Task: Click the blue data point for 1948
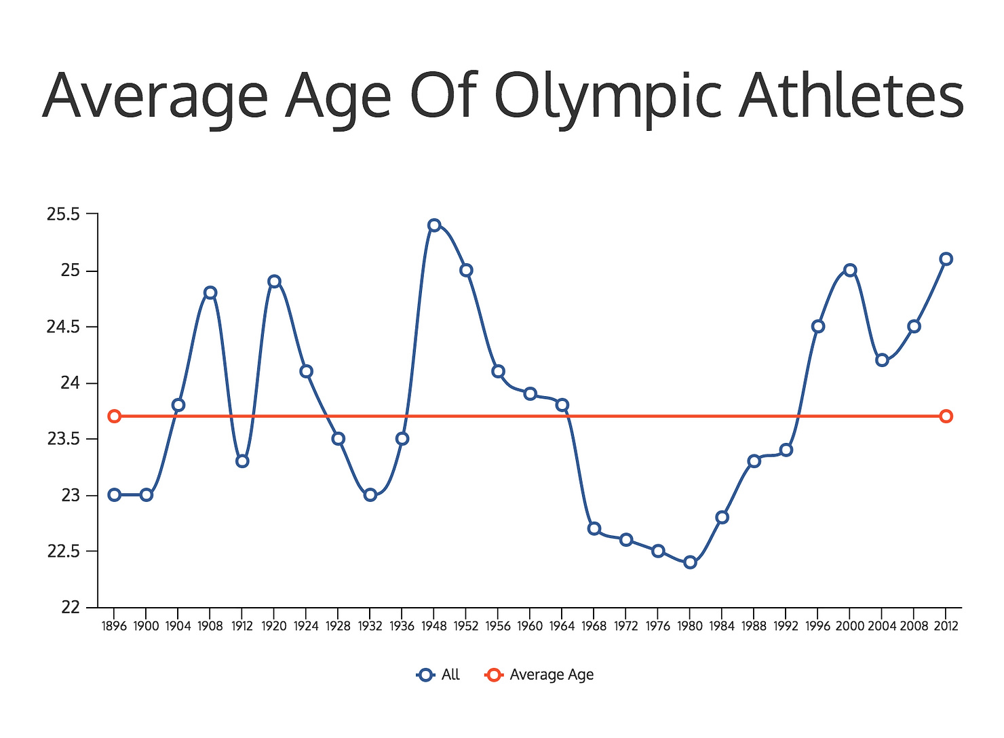click(x=434, y=225)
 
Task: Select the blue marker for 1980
click(x=690, y=562)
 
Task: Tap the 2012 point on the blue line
click(x=946, y=259)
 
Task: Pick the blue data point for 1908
click(x=210, y=292)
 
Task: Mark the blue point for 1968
click(x=594, y=528)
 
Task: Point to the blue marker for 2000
click(x=850, y=270)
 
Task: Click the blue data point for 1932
click(x=370, y=495)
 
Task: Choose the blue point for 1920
click(x=274, y=281)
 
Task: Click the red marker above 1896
click(x=114, y=416)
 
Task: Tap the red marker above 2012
click(x=946, y=416)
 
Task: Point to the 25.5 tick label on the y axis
click(x=63, y=215)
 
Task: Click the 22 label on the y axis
click(x=71, y=608)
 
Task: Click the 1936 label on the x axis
click(x=402, y=626)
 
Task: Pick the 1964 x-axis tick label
click(x=562, y=626)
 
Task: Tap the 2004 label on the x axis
click(x=882, y=626)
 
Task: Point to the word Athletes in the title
click(x=851, y=96)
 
